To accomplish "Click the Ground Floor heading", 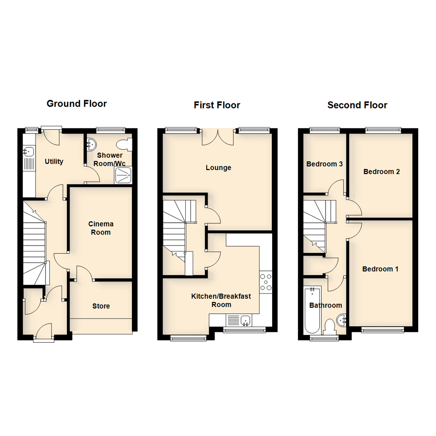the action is coord(77,104).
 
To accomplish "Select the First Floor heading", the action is coord(217,105).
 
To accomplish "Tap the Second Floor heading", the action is coord(357,105).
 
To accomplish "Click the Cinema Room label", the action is coord(101,228).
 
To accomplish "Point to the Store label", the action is coord(101,306).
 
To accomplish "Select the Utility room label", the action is coord(54,161).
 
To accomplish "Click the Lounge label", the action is coord(218,168).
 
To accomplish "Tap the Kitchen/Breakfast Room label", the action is coord(221,300).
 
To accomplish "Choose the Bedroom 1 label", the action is coord(380,269).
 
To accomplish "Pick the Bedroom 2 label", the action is coord(381,172).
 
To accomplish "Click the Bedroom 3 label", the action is coord(325,164).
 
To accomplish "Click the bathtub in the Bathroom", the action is coord(312,310).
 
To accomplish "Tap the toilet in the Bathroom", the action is coord(330,327).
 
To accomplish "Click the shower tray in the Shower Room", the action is coord(123,175).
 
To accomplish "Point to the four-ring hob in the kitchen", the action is coord(266,282).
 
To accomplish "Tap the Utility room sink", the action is coord(28,151).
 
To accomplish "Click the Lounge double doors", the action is coord(218,137).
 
